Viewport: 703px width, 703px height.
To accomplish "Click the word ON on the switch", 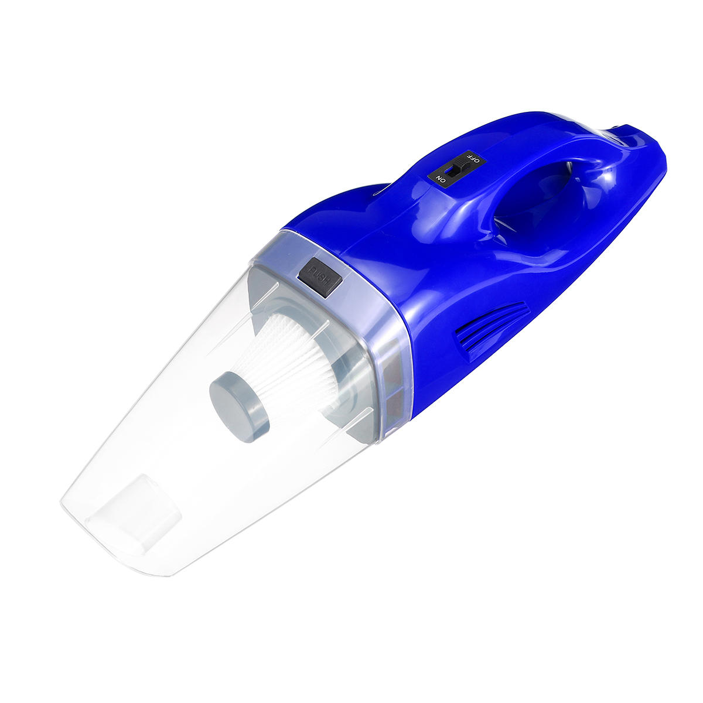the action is pos(441,179).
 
